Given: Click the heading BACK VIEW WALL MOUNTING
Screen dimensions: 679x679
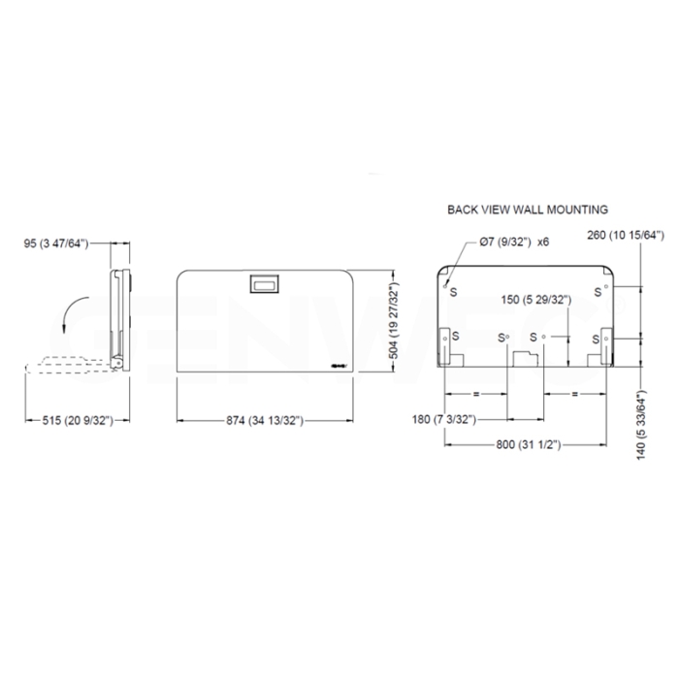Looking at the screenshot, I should point(527,209).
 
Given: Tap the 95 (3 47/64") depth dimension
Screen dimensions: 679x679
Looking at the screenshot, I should point(57,243).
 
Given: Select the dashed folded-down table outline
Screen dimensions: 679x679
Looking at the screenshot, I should point(68,366).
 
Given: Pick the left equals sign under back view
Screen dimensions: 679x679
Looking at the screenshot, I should point(476,395).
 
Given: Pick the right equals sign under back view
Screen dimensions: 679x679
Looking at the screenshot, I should point(574,395).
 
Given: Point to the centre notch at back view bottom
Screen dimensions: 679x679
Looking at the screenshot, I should point(526,360).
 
